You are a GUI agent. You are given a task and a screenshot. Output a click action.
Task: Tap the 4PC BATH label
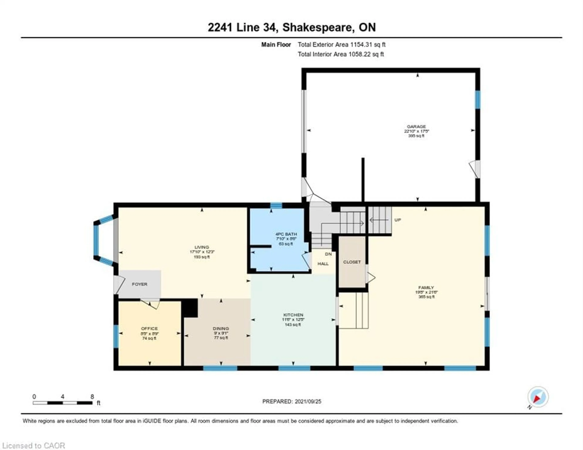[286, 234]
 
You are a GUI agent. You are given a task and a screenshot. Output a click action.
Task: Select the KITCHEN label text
[293, 315]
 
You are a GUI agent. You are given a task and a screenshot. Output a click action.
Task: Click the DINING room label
[221, 328]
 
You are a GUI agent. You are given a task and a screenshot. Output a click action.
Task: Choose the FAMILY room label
[426, 287]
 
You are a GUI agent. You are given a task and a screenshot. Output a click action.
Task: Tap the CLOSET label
[352, 262]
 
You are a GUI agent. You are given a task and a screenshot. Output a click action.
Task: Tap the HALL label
[323, 264]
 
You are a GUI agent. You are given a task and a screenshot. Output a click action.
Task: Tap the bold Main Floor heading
[276, 45]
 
